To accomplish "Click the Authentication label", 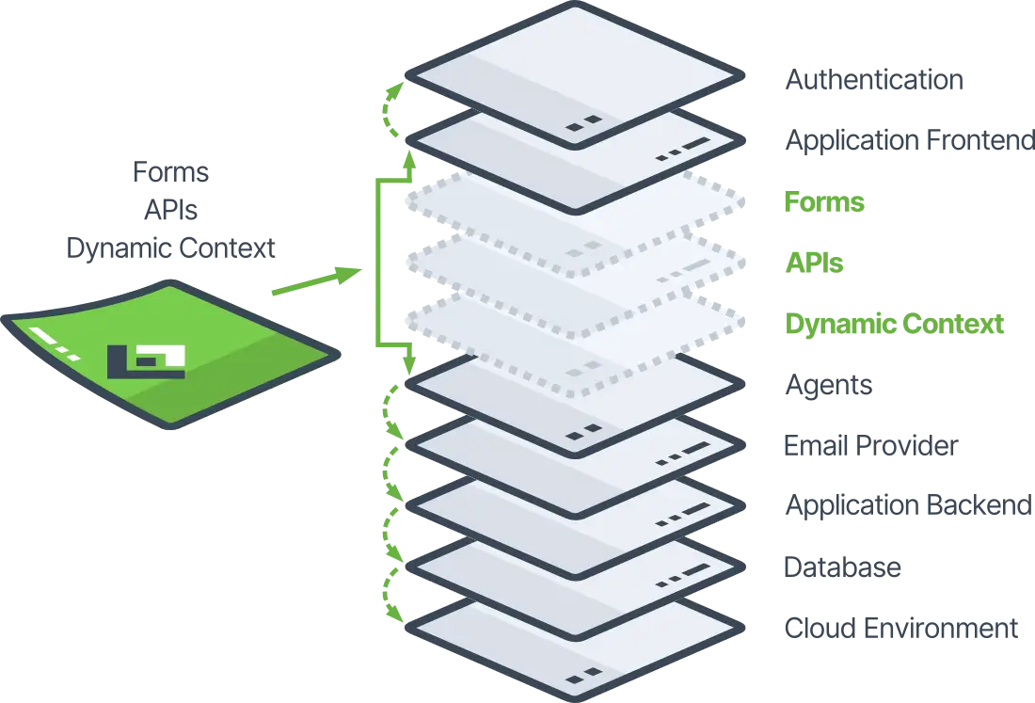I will click(872, 81).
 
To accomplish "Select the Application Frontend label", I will click(908, 141).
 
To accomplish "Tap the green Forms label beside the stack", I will click(824, 203).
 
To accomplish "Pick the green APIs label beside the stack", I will click(813, 264).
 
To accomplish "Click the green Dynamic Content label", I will click(895, 326).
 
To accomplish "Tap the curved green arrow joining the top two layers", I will click(389, 113).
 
